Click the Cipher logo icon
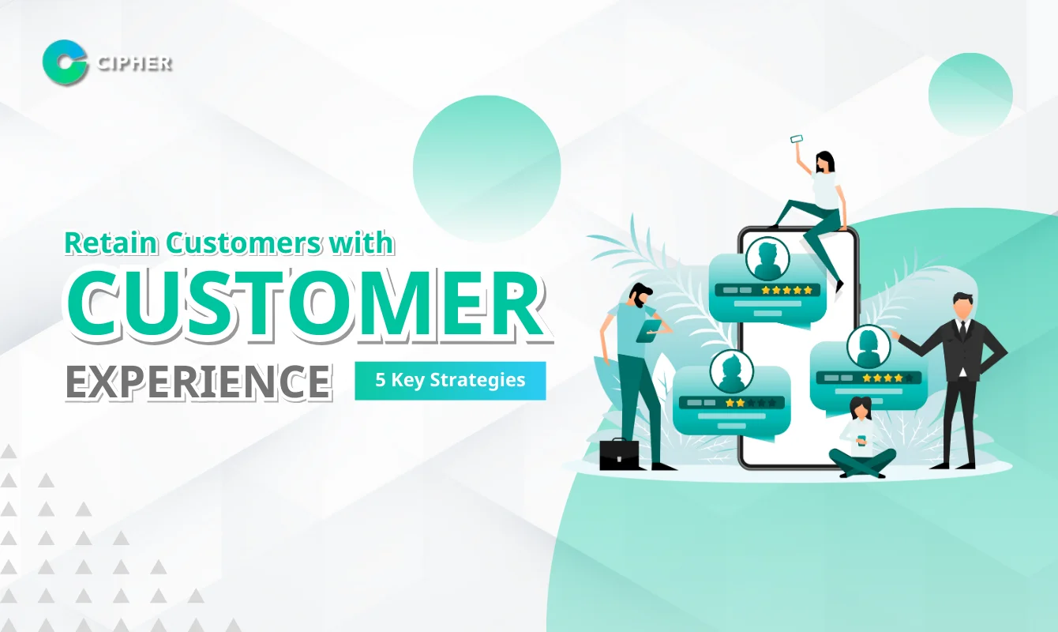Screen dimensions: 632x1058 pos(65,61)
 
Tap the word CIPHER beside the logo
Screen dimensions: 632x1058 pos(133,62)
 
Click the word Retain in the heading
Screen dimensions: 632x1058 pos(110,242)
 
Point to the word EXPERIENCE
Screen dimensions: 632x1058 pos(198,380)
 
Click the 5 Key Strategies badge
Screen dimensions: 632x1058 pos(450,380)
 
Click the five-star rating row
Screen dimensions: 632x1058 pos(786,290)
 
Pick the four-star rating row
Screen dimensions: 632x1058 pos(887,378)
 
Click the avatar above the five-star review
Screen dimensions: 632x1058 pos(767,259)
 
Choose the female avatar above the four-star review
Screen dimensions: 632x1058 pos(869,346)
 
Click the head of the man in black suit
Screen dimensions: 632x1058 pos(962,307)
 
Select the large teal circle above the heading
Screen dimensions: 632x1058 pos(486,169)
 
